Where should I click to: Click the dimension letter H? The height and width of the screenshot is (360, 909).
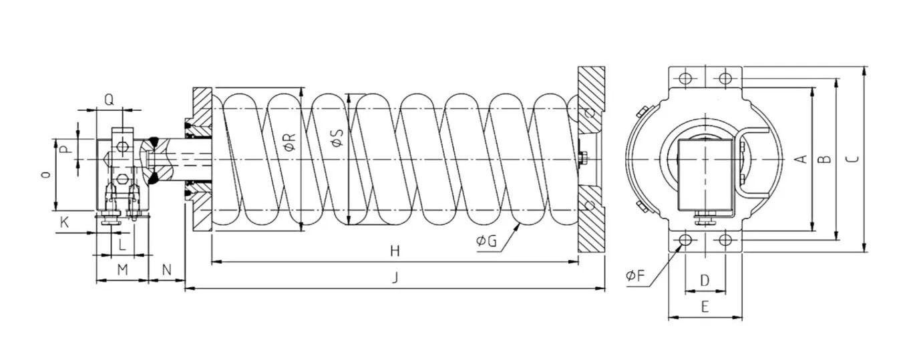pyautogui.click(x=395, y=251)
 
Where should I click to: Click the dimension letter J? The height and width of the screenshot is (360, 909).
pyautogui.click(x=395, y=278)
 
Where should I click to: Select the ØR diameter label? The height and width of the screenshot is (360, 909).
pyautogui.click(x=289, y=142)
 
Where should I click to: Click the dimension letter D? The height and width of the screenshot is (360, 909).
pyautogui.click(x=705, y=281)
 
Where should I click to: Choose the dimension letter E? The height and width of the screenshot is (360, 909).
pyautogui.click(x=705, y=307)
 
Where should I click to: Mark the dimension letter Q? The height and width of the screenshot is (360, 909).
pyautogui.click(x=109, y=100)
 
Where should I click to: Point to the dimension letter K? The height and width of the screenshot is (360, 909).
pyautogui.click(x=64, y=222)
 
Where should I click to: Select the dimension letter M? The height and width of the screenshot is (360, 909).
pyautogui.click(x=122, y=270)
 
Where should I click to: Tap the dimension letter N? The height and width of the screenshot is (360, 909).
pyautogui.click(x=167, y=270)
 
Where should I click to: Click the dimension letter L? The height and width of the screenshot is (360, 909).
pyautogui.click(x=122, y=245)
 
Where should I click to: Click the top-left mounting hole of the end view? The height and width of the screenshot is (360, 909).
pyautogui.click(x=685, y=79)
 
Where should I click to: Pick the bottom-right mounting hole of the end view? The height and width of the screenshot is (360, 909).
pyautogui.click(x=725, y=240)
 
